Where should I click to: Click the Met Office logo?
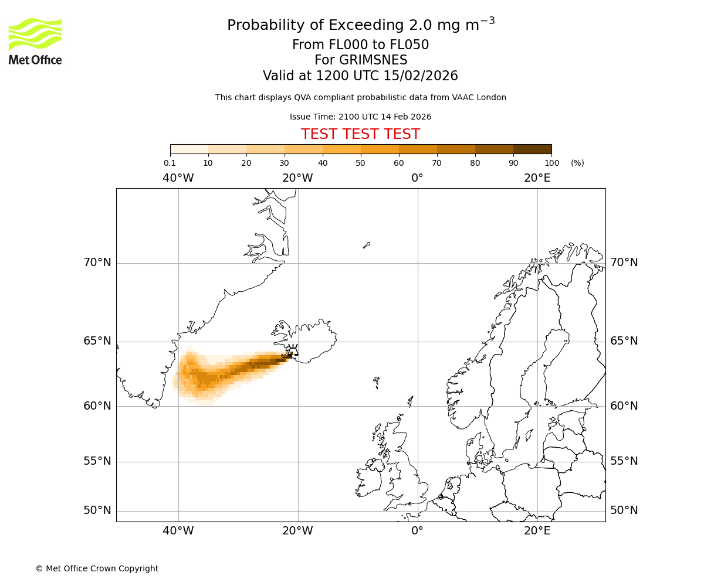point(35,41)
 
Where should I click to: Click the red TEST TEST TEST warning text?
point(360,135)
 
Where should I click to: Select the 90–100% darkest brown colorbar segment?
point(532,149)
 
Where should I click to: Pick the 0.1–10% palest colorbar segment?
point(189,149)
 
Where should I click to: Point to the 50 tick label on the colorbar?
point(361,163)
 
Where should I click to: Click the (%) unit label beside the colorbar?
point(577,163)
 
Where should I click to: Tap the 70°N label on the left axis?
point(97,263)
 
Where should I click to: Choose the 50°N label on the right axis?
point(624,510)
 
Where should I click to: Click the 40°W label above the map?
point(178,178)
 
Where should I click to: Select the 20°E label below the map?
point(537,531)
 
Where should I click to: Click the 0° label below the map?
point(417,531)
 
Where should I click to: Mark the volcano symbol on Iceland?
point(292,352)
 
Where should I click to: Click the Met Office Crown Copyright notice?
point(97,568)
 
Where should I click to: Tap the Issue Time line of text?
point(360,117)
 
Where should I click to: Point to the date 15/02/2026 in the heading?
point(421,76)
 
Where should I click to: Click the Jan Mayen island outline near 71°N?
point(367,245)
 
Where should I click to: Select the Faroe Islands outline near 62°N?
point(377,382)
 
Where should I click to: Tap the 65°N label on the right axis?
point(624,341)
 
